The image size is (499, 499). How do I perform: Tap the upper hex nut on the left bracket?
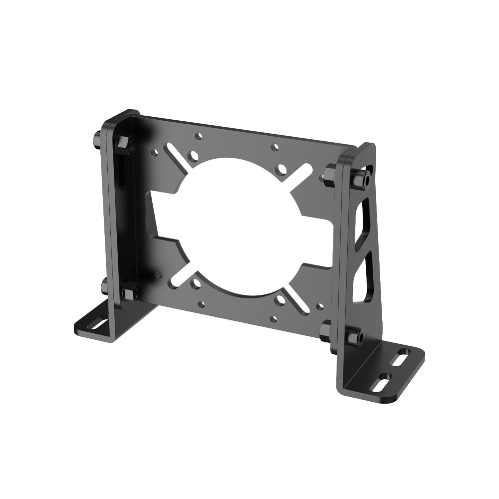(124, 144)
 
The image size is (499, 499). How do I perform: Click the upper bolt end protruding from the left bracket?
(95, 139)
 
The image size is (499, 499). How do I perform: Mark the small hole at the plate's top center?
(274, 147)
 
